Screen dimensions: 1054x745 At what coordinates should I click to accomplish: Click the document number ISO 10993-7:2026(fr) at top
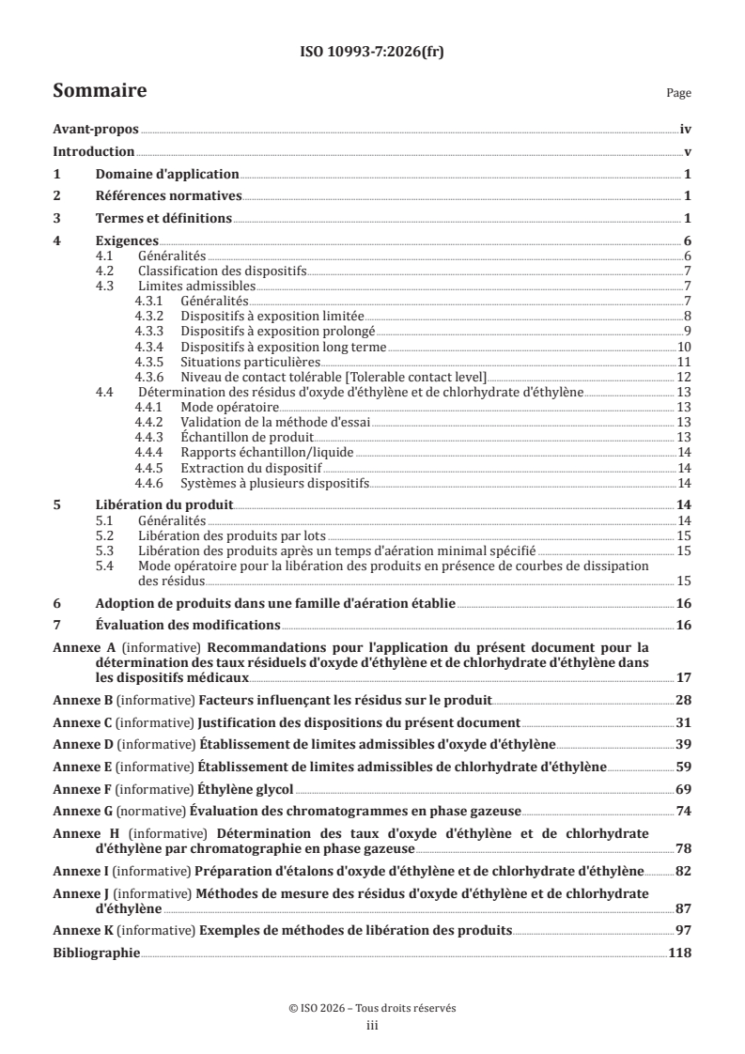point(372,53)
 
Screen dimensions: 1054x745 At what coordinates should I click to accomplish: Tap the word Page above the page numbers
point(678,93)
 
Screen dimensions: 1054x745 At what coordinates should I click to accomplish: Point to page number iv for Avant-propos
point(685,131)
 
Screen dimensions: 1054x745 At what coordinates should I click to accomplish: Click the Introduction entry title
point(94,152)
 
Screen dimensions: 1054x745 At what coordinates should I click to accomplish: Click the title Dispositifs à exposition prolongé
point(278,332)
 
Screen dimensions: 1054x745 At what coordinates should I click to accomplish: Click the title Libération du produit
point(163,504)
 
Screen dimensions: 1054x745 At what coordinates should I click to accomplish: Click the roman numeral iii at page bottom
point(372,1026)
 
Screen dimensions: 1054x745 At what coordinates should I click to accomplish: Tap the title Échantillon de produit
point(247,437)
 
